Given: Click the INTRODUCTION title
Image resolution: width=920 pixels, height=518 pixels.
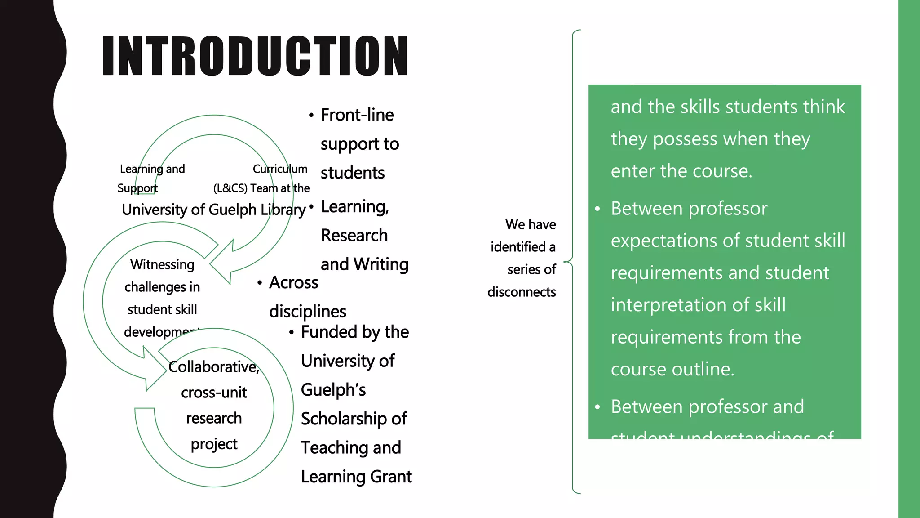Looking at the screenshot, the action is pos(255,56).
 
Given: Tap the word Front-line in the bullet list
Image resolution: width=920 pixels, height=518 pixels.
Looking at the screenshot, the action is pos(357,115).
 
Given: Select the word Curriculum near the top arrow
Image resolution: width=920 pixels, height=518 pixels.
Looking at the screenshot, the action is pos(280,169).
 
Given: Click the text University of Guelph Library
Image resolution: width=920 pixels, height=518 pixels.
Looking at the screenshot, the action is pos(213,210).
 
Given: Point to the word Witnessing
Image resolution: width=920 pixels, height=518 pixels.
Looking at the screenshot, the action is pos(162,264).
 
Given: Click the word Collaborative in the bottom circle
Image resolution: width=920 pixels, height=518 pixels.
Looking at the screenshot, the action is pos(213,367).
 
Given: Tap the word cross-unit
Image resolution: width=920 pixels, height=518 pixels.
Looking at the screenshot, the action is pos(214,393).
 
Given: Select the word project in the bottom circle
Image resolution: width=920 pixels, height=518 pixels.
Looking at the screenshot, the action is pos(214,444).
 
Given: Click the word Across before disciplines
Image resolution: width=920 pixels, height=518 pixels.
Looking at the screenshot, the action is pos(294,283).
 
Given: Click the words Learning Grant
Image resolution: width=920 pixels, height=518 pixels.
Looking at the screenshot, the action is pos(356,477).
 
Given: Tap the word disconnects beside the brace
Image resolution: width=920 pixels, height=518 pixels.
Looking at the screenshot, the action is pos(522,292).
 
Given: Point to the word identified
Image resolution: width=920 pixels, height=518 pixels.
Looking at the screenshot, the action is pos(518,247).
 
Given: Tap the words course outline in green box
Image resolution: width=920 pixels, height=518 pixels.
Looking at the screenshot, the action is pos(672,369).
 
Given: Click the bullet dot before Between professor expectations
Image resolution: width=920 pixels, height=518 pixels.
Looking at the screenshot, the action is pos(597,209).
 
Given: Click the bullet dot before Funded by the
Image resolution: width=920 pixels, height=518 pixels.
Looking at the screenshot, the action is pos(292,333).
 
